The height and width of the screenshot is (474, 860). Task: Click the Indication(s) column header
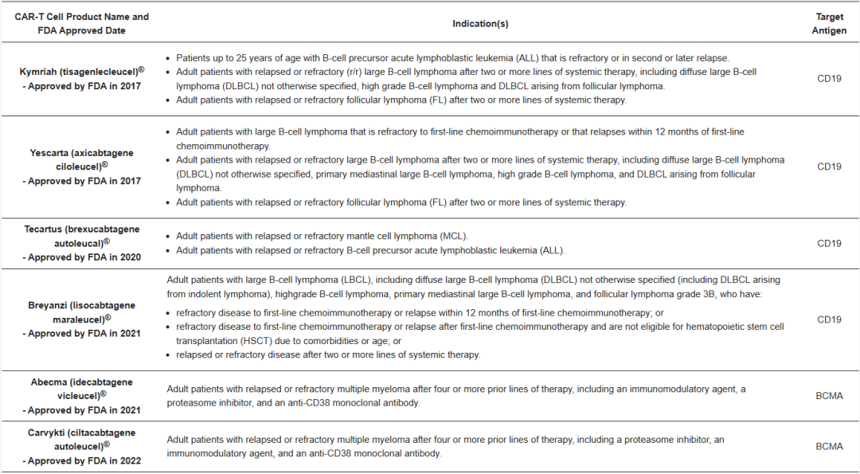(480, 24)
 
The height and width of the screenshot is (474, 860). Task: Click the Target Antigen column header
(829, 24)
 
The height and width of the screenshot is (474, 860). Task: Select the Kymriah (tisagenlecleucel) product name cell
(81, 78)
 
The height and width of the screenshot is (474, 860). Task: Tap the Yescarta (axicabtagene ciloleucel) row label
(81, 166)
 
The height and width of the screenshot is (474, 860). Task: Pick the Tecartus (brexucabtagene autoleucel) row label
(81, 243)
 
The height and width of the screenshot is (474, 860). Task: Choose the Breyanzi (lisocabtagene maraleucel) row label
(81, 319)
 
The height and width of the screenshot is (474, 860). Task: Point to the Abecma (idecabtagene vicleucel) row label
(81, 396)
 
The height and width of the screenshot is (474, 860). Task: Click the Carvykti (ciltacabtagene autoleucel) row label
(81, 446)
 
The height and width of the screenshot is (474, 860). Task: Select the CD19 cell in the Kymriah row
(829, 79)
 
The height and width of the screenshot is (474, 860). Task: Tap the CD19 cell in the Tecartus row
(829, 244)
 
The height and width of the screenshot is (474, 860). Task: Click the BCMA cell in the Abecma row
(829, 396)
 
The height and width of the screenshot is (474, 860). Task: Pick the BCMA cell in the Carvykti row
(829, 447)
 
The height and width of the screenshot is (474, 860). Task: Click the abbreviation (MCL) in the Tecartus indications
(453, 237)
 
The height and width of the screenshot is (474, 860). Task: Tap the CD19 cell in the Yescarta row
(829, 167)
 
